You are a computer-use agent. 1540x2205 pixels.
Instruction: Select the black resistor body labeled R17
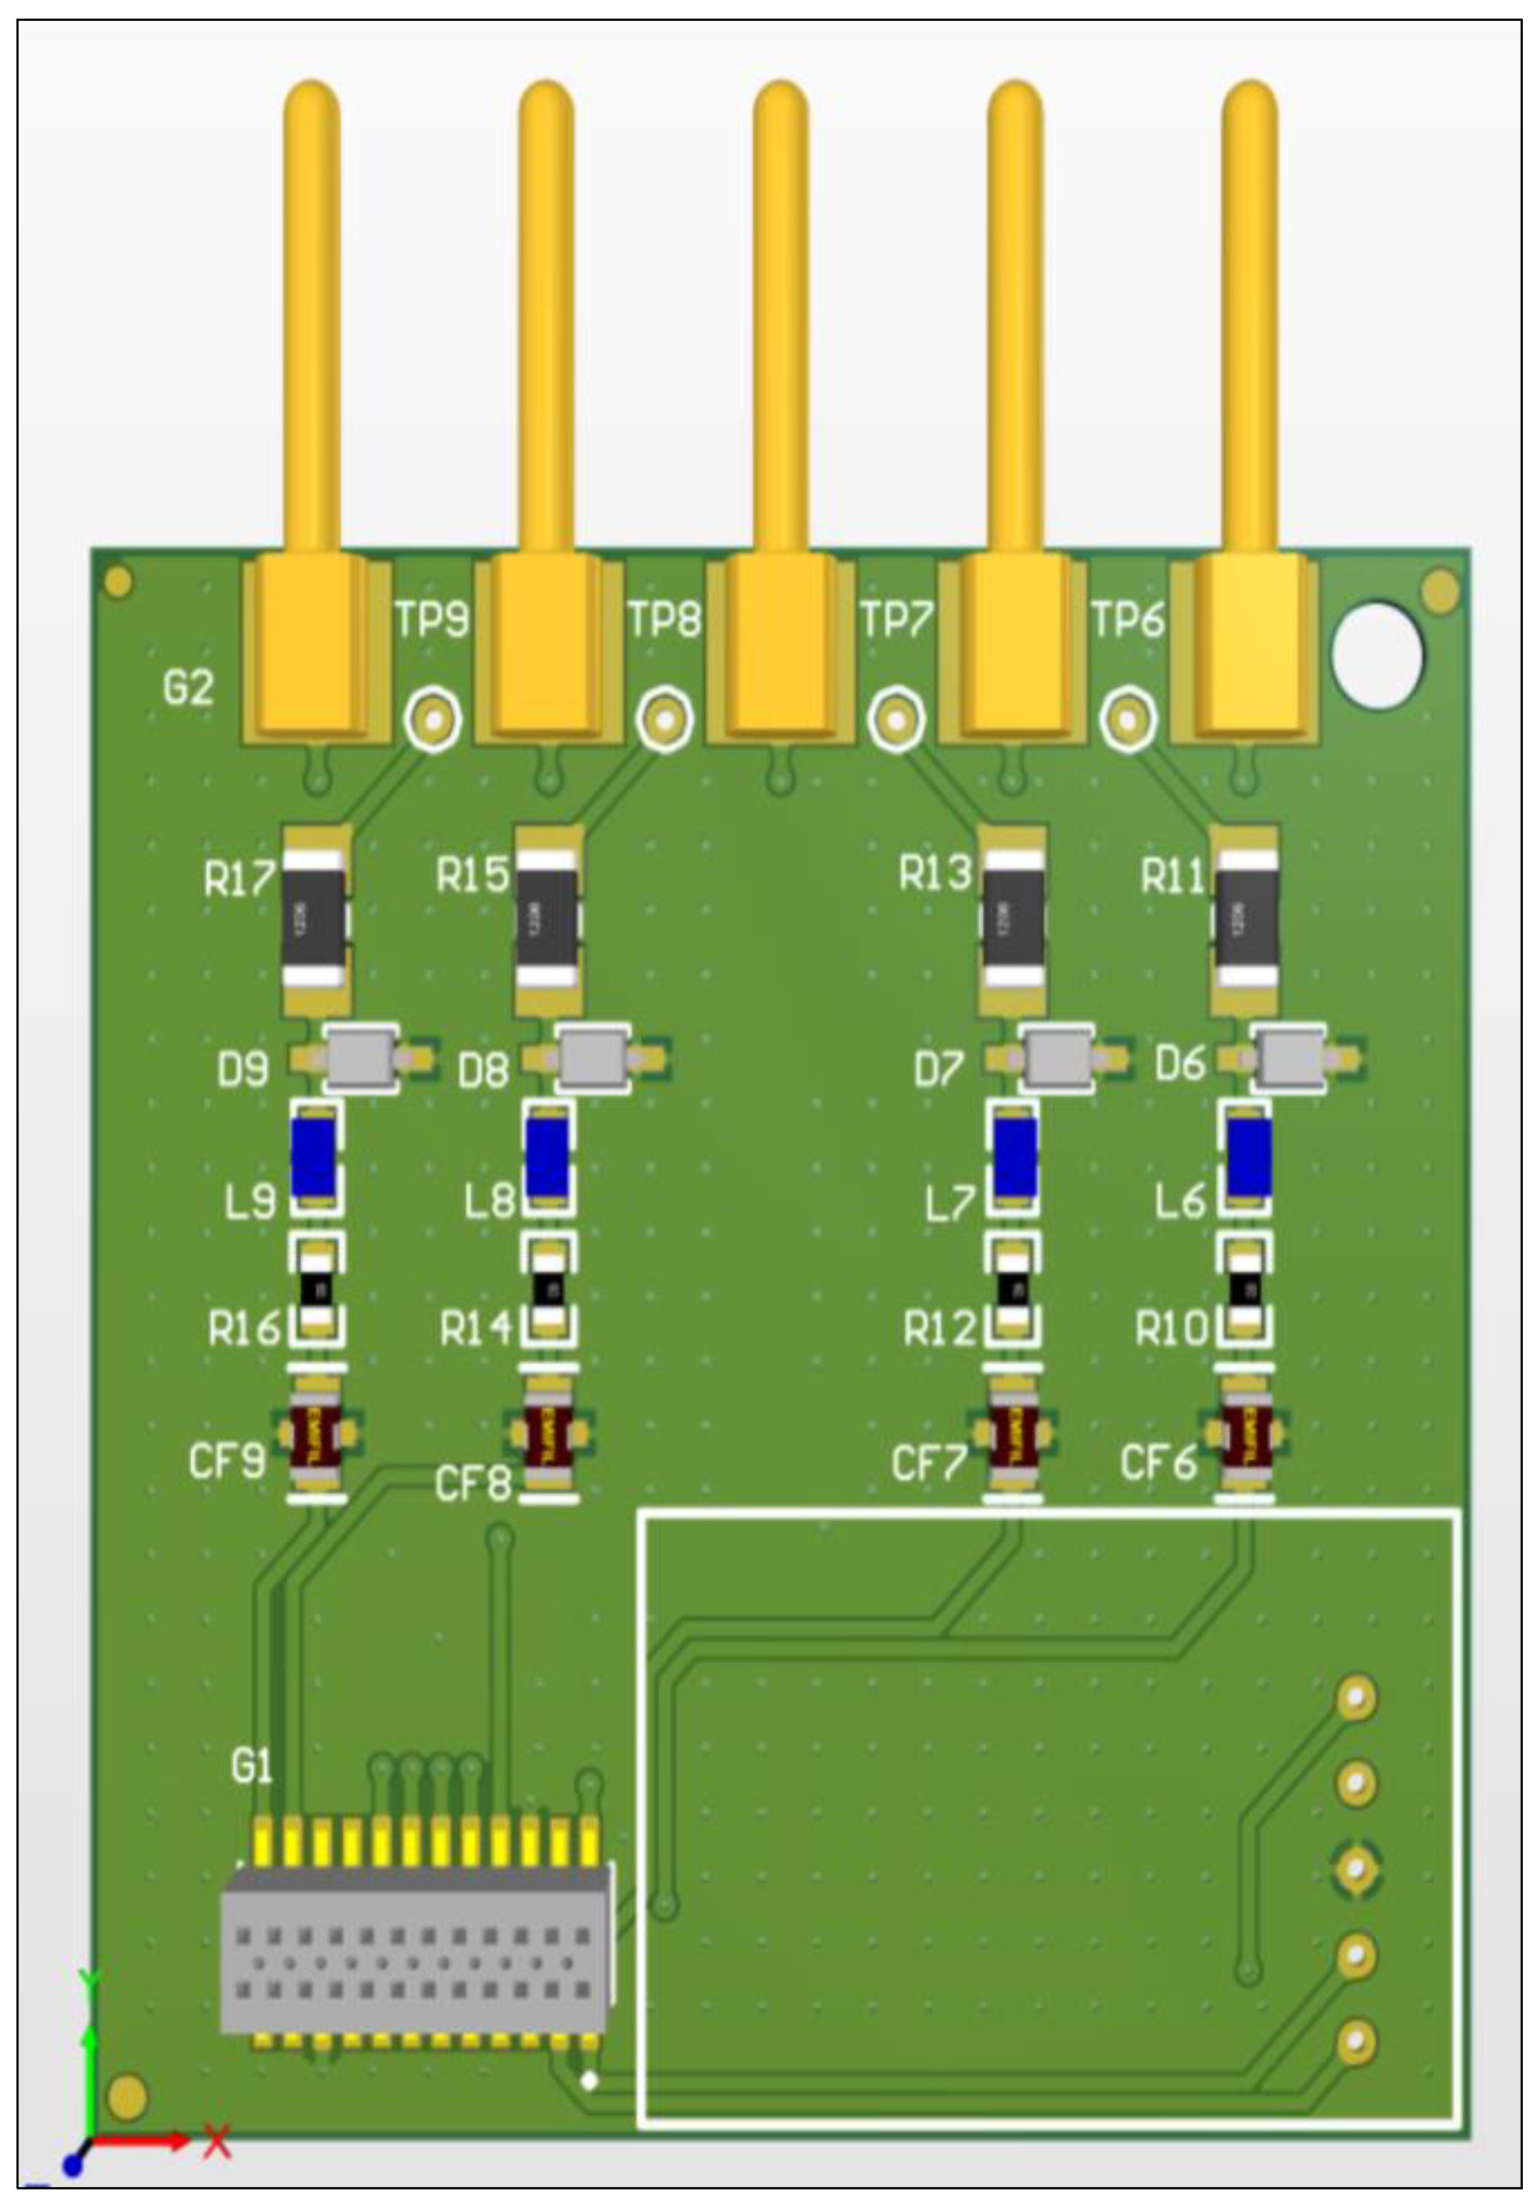[x=313, y=919]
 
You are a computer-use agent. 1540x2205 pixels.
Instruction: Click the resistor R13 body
[x=1013, y=919]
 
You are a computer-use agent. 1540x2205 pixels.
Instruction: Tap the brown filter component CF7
[x=1014, y=1437]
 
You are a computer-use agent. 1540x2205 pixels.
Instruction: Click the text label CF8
[x=473, y=1484]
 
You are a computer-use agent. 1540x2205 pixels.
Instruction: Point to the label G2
[x=187, y=688]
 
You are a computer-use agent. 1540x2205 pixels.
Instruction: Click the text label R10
[x=1170, y=1329]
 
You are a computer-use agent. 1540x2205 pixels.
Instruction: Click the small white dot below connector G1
[x=590, y=2080]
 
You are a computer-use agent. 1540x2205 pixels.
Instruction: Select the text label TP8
[x=664, y=620]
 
